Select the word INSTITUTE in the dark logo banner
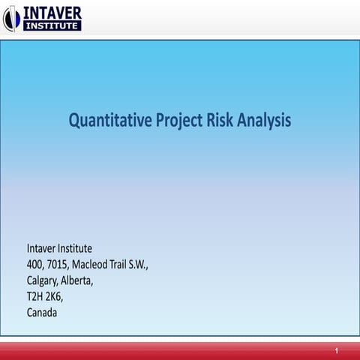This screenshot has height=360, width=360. click(x=52, y=26)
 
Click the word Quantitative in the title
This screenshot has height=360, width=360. click(x=109, y=120)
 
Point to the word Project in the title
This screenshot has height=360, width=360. click(x=179, y=121)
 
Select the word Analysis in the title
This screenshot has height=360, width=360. click(x=265, y=121)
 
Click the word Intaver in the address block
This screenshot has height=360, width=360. click(x=42, y=248)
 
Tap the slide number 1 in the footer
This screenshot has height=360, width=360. click(x=337, y=351)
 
